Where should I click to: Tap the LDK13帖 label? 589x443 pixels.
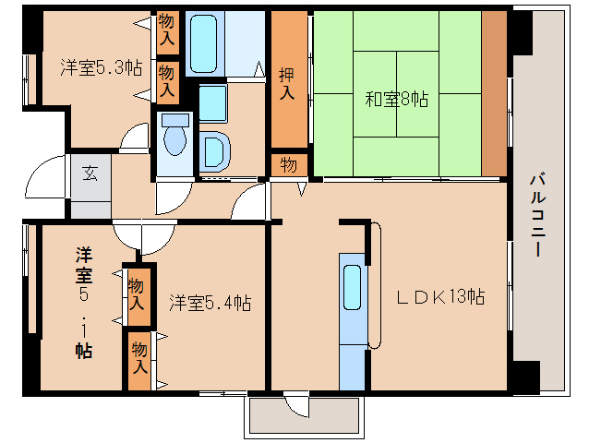tap(441, 297)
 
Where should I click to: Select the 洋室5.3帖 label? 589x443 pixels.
tap(101, 67)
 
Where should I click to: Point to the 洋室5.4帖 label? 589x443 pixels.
tap(210, 302)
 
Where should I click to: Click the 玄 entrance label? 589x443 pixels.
tap(90, 173)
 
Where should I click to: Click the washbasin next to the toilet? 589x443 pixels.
tap(213, 150)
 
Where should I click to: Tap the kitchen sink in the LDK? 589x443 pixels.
tap(353, 287)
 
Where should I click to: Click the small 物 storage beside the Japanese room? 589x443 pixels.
tap(288, 165)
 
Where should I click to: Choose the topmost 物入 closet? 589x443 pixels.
tap(167, 30)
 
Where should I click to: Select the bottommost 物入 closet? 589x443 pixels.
tap(139, 357)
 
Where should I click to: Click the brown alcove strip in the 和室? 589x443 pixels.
tap(494, 92)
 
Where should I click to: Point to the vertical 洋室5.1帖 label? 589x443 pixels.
tap(83, 302)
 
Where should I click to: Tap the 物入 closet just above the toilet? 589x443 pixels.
tap(167, 80)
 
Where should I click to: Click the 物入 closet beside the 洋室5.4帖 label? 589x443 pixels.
tap(137, 294)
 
